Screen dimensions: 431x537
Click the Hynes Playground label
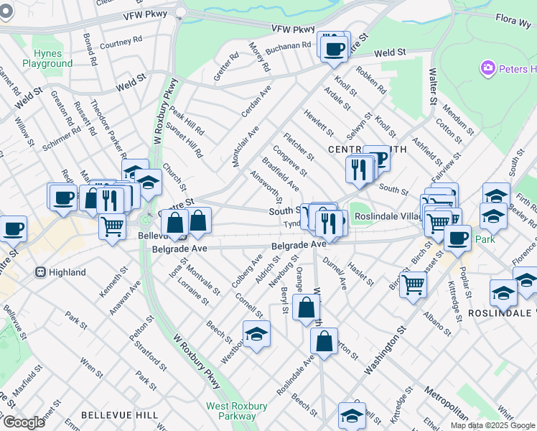point(47,59)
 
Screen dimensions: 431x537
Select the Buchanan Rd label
point(288,47)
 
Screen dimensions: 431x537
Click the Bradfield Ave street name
point(281,174)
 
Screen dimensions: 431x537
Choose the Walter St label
point(433,86)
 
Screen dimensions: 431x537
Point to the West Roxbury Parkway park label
point(236,411)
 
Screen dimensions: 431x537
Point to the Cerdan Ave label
point(256,102)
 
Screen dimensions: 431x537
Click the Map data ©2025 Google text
point(492,425)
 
